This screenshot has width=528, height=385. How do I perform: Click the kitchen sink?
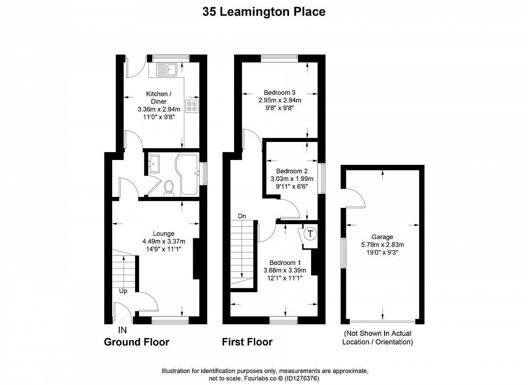166,69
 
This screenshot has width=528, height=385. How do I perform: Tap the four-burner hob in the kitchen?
192,106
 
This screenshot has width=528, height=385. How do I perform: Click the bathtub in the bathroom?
187,174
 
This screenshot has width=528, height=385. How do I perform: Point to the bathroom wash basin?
154,163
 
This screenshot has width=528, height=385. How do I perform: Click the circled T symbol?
310,234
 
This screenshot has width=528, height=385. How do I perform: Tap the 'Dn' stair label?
242,216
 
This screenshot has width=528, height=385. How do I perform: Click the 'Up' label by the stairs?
123,291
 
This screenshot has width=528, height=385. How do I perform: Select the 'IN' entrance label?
122,330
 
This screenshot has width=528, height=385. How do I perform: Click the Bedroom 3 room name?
279,93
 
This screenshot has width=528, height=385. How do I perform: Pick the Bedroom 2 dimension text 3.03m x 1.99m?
292,179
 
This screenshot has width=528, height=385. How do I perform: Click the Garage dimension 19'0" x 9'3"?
382,252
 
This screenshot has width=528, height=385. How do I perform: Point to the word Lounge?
164,233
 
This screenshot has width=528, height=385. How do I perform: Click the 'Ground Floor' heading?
137,342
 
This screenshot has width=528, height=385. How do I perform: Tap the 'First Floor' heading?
247,342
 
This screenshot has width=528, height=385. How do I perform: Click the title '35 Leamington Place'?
264,12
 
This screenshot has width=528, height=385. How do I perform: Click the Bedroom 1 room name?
285,262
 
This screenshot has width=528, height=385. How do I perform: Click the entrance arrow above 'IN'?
123,320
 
